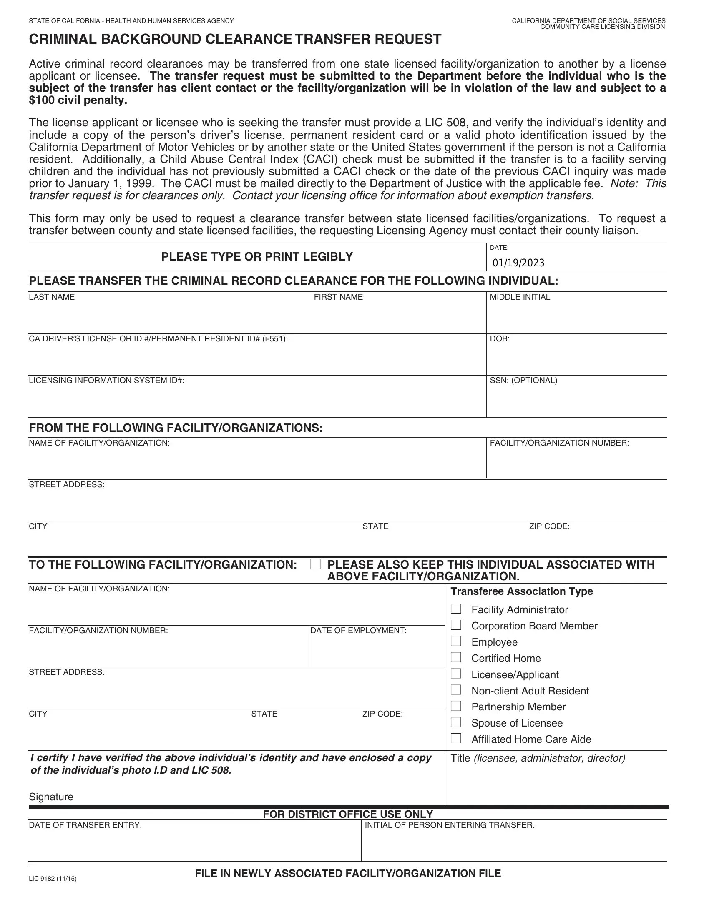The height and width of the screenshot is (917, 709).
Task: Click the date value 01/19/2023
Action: pos(518,263)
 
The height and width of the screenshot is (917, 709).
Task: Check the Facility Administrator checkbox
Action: pos(456,609)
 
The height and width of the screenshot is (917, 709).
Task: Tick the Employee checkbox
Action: pos(456,641)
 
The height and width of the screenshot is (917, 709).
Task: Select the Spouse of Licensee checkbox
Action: pos(456,722)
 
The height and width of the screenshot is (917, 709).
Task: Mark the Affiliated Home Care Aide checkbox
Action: pos(456,738)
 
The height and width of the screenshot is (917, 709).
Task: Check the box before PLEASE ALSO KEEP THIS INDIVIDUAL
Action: pos(315,564)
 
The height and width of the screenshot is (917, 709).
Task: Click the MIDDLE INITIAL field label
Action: pos(520,297)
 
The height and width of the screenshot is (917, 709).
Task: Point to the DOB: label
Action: pos(499,339)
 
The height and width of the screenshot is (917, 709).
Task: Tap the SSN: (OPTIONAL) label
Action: pos(523,381)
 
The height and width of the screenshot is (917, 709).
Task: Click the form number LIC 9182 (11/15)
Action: pos(53,878)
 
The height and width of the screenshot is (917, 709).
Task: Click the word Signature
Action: pos(51,797)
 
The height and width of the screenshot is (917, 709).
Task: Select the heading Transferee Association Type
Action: pos(521,591)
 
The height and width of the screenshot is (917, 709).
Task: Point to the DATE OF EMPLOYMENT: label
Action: pos(358,631)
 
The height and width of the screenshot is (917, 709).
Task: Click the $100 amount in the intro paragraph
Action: pos(41,100)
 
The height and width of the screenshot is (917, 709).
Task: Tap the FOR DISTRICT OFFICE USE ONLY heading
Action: pos(347,814)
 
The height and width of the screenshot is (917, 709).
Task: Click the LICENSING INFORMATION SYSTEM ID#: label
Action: pos(106,381)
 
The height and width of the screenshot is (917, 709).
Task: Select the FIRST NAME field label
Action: pos(338,297)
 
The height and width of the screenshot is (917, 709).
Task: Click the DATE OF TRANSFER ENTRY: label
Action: pos(85,825)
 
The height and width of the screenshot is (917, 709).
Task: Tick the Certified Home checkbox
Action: pos(456,657)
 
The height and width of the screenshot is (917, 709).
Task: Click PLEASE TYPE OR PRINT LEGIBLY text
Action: pos(257,256)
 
